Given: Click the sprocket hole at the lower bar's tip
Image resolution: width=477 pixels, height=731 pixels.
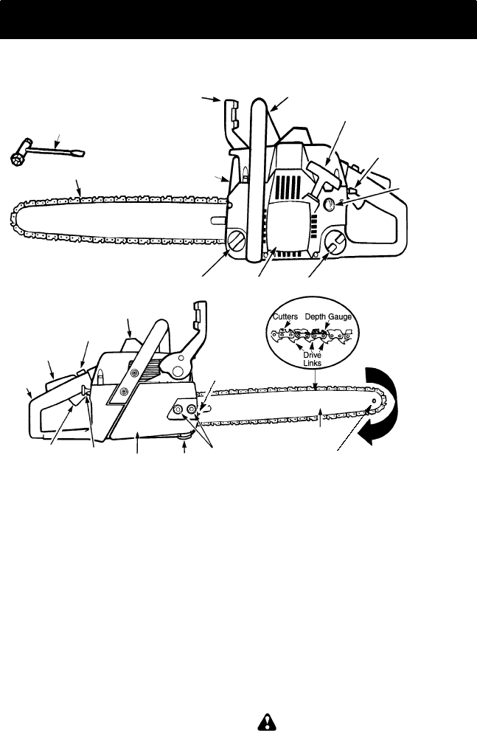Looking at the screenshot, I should (x=375, y=401).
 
